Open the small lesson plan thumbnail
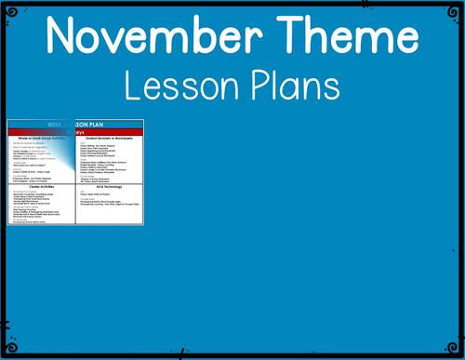pos(75,172)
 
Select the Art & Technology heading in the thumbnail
pos(110,187)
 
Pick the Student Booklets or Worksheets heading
pos(110,139)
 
